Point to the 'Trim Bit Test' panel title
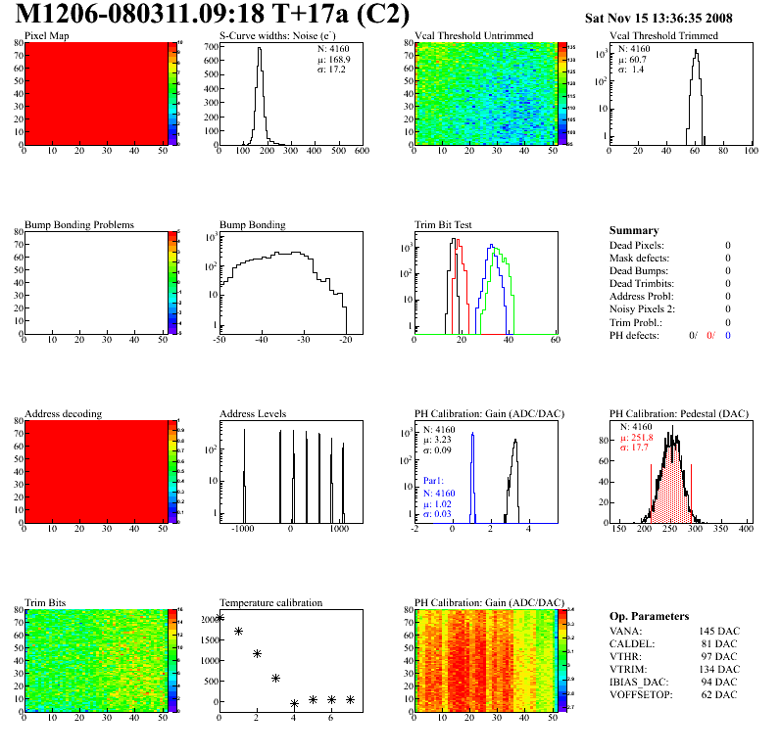(443, 224)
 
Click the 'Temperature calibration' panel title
(270, 602)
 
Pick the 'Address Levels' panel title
(253, 413)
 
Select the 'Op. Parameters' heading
(649, 616)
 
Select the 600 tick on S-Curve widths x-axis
(361, 151)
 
